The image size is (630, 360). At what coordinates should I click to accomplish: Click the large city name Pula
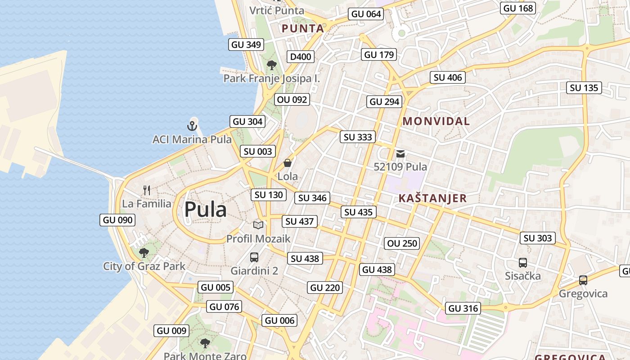tap(205, 210)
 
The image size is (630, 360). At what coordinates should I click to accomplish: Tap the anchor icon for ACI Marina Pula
tap(192, 126)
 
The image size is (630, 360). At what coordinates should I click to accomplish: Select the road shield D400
tap(301, 57)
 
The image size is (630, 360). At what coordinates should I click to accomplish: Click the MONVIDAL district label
tap(436, 121)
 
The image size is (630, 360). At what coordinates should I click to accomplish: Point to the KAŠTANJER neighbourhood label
tap(432, 198)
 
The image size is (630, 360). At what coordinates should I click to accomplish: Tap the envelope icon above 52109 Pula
tap(400, 154)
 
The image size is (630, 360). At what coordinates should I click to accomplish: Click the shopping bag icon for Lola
tap(287, 163)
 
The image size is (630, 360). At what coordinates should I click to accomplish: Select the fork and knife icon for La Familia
tap(146, 190)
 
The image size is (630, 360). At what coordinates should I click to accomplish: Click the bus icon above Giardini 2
tap(254, 257)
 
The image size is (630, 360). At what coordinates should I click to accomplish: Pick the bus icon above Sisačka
tap(522, 262)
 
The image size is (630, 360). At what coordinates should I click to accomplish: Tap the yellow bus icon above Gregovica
tap(583, 280)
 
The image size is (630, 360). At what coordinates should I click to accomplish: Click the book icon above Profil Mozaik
tap(258, 225)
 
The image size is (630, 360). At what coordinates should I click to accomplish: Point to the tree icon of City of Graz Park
tap(144, 253)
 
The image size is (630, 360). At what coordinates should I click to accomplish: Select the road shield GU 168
tap(518, 8)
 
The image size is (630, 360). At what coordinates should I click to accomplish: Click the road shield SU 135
tap(584, 88)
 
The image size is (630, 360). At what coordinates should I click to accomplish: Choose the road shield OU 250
tap(403, 243)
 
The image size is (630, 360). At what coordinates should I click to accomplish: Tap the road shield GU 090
tap(117, 220)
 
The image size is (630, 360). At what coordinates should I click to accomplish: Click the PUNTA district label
tap(303, 29)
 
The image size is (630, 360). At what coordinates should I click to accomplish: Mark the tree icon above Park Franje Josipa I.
tap(271, 66)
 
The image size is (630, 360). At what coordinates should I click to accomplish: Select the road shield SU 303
tap(537, 238)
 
